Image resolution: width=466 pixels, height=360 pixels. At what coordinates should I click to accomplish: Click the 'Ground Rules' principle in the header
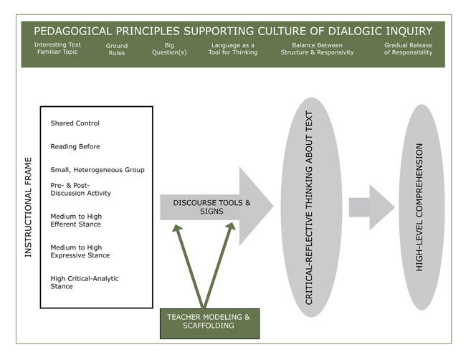pyautogui.click(x=117, y=49)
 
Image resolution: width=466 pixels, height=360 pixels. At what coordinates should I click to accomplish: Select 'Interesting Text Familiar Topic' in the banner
pyautogui.click(x=57, y=49)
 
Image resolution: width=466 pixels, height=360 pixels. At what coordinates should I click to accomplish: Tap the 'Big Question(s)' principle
pyautogui.click(x=169, y=49)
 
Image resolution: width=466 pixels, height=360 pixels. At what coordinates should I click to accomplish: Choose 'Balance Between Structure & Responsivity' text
pyautogui.click(x=317, y=49)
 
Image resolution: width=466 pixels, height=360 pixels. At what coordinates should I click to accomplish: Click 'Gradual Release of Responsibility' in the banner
pyautogui.click(x=408, y=49)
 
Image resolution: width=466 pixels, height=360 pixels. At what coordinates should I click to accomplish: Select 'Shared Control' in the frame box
pyautogui.click(x=75, y=123)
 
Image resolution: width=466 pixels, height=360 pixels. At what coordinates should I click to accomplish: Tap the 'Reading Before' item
pyautogui.click(x=75, y=147)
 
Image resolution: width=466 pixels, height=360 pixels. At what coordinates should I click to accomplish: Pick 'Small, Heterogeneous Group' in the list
pyautogui.click(x=97, y=170)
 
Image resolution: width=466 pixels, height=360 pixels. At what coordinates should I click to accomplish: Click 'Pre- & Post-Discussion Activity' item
pyautogui.click(x=80, y=189)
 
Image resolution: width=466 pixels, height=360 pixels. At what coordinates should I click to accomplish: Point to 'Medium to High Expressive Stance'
pyautogui.click(x=78, y=251)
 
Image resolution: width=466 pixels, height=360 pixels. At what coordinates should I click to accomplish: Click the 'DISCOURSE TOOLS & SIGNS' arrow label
pyautogui.click(x=211, y=207)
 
